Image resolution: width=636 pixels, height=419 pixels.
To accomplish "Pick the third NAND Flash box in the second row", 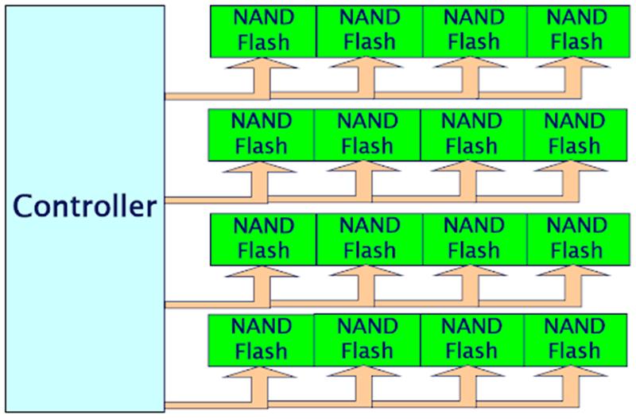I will [471, 135].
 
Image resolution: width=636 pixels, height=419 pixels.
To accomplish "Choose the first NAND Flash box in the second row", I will [262, 135].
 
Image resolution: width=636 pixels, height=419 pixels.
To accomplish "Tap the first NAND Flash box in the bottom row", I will [262, 339].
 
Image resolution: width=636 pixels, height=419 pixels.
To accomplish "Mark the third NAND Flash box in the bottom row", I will [471, 339].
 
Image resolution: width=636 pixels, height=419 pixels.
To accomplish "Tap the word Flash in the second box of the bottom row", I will [366, 351].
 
